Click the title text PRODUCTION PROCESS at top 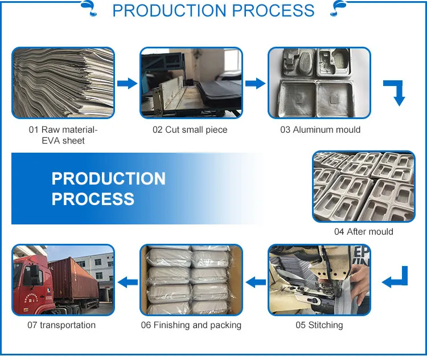213,11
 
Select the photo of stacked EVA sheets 63,83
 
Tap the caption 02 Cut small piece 190,130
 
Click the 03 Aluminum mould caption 320,130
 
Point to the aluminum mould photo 319,83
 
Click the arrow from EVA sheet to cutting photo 127,84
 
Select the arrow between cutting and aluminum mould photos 256,84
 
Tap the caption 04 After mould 363,232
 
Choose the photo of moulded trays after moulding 363,186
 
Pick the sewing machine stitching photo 319,280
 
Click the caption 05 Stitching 319,325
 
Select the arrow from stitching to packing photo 256,281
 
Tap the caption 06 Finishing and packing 191,325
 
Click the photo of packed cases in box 191,280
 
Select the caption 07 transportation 61,325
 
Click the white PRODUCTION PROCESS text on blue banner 108,189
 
